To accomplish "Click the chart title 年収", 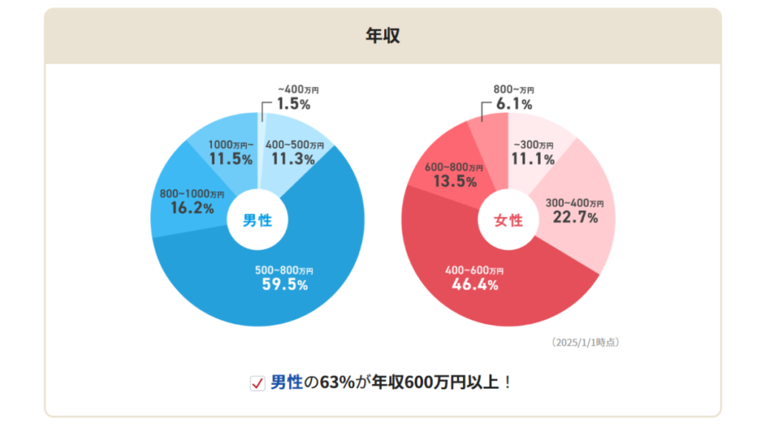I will point(383,36).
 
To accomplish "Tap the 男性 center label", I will point(258,220).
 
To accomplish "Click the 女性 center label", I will point(509,220).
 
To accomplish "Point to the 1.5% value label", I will point(294,104).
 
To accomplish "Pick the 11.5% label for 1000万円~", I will point(230,158).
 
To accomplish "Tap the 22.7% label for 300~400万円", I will point(575,217).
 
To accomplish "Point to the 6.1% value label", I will point(513,104).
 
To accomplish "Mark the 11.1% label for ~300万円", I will point(533,158).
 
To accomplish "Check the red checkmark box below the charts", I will point(257,383).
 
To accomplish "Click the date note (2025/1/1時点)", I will point(586,343).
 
